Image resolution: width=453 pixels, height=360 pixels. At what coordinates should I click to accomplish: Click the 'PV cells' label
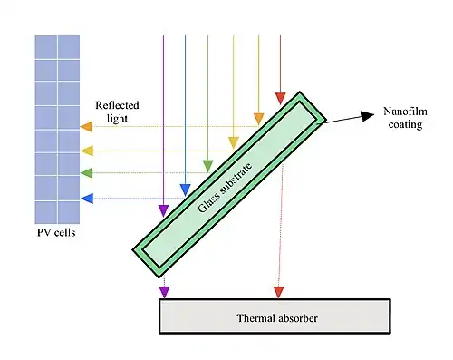point(56,232)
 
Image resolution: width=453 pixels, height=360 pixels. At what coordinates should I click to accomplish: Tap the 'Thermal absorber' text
point(277,318)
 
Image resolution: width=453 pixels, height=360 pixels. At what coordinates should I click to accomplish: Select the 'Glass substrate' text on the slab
point(225,188)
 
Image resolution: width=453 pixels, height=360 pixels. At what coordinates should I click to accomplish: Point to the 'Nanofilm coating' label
point(405,118)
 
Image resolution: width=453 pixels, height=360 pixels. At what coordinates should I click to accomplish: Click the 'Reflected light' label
point(117,112)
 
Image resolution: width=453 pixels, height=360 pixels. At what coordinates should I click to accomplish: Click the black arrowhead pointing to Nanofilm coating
point(368,116)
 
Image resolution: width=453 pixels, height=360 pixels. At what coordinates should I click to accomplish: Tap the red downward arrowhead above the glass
point(281,99)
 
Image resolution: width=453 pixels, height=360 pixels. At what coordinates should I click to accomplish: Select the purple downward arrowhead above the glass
point(163,211)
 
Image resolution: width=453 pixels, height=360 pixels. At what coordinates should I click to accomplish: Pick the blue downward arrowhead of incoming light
point(185,190)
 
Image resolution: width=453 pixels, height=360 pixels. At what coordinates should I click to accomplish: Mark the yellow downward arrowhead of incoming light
point(234,143)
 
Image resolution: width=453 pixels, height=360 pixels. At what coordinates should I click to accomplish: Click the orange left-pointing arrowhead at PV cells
point(86,126)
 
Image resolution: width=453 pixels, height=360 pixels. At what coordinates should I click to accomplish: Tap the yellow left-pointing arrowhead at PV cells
point(87,151)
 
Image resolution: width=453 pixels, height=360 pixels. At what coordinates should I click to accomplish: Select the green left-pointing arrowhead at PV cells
point(87,172)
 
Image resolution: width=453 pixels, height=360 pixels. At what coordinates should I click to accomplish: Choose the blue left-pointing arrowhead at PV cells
point(87,199)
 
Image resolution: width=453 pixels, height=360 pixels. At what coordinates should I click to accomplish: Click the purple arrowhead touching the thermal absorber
point(164,292)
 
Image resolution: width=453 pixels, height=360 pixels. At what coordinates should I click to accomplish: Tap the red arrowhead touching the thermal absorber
point(279,292)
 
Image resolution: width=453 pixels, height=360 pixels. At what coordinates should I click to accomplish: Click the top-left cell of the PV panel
point(46,47)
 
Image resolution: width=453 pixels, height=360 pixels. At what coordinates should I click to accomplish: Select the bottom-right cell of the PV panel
point(69,212)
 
